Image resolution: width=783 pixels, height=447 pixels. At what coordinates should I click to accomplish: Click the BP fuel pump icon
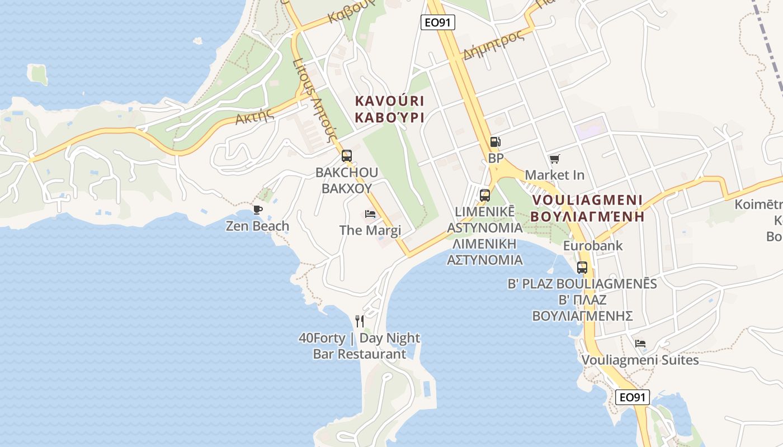[495, 142]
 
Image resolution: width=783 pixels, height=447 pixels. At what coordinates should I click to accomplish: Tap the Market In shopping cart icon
[554, 159]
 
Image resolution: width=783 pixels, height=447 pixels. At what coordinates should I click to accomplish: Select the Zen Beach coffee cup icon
[257, 210]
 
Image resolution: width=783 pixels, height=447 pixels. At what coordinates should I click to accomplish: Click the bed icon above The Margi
[370, 214]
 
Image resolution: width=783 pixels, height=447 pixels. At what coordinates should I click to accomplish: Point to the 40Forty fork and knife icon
[360, 321]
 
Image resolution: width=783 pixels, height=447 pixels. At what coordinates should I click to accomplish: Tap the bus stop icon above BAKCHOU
[347, 156]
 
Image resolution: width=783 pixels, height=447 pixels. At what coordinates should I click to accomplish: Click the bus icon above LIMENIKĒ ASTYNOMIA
[485, 196]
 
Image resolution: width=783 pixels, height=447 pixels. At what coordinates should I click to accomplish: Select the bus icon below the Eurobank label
[582, 267]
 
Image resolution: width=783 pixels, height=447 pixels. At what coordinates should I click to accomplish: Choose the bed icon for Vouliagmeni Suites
[640, 343]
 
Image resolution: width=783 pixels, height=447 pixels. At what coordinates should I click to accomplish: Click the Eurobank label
[593, 246]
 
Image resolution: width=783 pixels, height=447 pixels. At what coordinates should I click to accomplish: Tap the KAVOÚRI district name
[389, 101]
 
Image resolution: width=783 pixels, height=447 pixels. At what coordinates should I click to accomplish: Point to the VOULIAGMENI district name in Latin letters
[587, 200]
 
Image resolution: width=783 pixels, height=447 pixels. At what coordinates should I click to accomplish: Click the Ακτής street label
[254, 117]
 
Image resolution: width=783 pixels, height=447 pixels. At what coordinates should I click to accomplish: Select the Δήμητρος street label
[494, 45]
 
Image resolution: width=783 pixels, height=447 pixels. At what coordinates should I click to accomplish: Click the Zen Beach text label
[257, 226]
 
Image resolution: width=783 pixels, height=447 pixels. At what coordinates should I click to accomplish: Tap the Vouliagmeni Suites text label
[640, 360]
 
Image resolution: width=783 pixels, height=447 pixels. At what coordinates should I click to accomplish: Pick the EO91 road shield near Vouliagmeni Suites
[633, 397]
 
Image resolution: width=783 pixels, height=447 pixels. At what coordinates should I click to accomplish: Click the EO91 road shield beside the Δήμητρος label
[438, 22]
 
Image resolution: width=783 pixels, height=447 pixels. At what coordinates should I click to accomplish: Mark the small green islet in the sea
[38, 74]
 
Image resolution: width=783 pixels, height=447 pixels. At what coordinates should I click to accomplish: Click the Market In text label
[554, 175]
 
